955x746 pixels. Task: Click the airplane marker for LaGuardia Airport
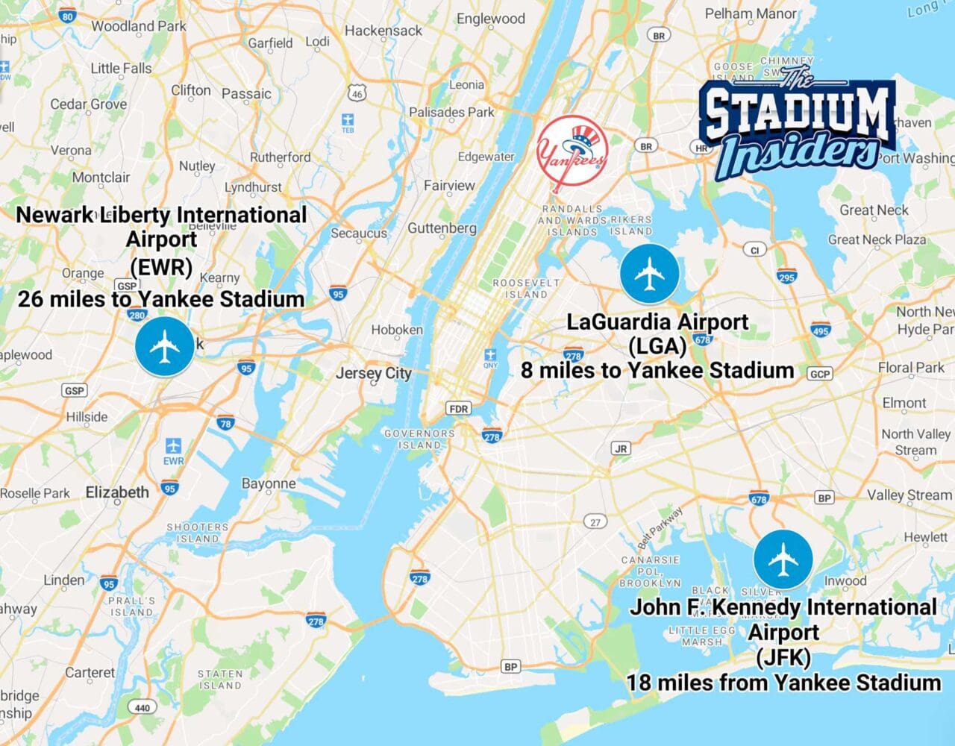[x=649, y=274]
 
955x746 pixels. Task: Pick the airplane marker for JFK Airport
[x=783, y=559]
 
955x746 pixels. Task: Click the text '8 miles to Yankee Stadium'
[x=657, y=371]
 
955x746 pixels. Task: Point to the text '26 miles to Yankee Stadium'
[x=161, y=300]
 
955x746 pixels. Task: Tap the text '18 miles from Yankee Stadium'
[x=783, y=683]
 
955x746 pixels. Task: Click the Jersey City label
[x=373, y=373]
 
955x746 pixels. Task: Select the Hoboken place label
[x=397, y=330]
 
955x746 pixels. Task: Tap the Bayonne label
[x=269, y=483]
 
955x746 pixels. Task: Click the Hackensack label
[x=383, y=31]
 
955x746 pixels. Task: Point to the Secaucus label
[x=359, y=233]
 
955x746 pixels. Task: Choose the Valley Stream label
[x=909, y=495]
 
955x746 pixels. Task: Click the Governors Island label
[x=419, y=439]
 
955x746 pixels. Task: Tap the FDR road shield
[x=458, y=409]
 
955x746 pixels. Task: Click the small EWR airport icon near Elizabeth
[x=173, y=447]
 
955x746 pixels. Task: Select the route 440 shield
[x=143, y=707]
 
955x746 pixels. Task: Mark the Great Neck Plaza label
[x=877, y=240]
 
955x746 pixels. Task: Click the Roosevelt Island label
[x=526, y=289]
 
